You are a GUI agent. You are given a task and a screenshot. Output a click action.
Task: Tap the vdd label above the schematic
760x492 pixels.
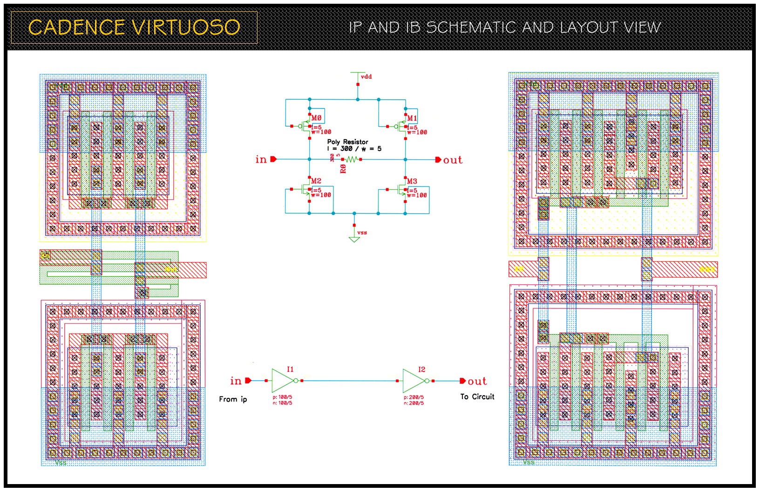(366, 77)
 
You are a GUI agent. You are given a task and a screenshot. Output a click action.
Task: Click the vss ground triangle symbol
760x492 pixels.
(354, 239)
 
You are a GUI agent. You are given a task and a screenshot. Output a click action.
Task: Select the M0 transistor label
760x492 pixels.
(317, 118)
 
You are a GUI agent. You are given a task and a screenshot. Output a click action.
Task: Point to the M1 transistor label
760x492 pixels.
(412, 118)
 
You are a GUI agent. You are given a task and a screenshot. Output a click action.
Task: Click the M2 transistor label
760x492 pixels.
(316, 181)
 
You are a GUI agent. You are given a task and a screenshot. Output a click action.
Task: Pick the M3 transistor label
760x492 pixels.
(412, 181)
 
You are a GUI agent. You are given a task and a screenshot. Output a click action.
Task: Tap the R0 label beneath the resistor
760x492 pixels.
(344, 168)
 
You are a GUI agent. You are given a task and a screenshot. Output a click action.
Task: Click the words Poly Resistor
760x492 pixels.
(347, 142)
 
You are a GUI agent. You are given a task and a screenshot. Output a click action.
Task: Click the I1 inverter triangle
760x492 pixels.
(282, 381)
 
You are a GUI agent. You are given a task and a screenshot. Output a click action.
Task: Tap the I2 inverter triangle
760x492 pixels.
(413, 381)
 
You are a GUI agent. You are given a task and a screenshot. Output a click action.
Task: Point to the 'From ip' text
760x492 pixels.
(233, 399)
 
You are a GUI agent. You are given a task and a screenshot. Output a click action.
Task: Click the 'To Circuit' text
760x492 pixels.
(477, 396)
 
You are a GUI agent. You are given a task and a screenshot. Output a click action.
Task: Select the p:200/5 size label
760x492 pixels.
(414, 397)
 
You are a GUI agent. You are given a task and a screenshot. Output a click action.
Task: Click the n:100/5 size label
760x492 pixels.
(282, 403)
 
